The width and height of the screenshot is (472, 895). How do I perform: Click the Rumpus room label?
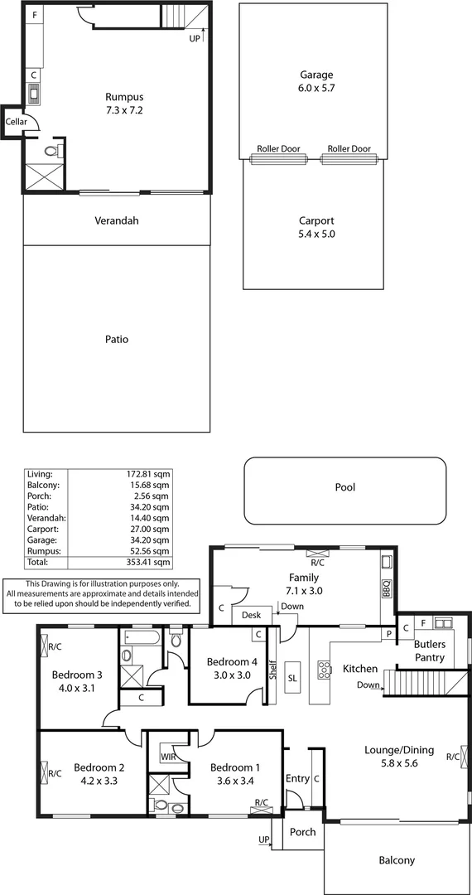click(123, 95)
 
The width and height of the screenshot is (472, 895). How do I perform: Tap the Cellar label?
click(17, 122)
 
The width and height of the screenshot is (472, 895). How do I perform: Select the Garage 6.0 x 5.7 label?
click(316, 80)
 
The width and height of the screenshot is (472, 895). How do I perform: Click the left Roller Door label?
click(279, 149)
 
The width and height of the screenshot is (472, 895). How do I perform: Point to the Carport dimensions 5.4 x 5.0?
click(316, 235)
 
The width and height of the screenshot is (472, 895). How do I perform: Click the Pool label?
click(344, 487)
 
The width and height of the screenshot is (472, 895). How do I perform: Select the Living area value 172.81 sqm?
click(149, 474)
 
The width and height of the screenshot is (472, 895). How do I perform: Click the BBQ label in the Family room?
click(385, 588)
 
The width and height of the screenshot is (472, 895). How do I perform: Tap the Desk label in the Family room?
click(251, 616)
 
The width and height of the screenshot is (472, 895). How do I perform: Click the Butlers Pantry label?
click(430, 651)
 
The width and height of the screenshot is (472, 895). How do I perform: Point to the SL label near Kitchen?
click(292, 678)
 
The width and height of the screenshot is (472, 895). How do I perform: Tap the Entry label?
click(297, 778)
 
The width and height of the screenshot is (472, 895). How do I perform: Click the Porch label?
click(303, 832)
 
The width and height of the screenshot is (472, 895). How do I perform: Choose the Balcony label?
click(396, 860)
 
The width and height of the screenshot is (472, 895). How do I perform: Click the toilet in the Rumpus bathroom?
click(51, 152)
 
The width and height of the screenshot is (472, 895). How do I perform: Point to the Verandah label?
click(116, 220)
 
